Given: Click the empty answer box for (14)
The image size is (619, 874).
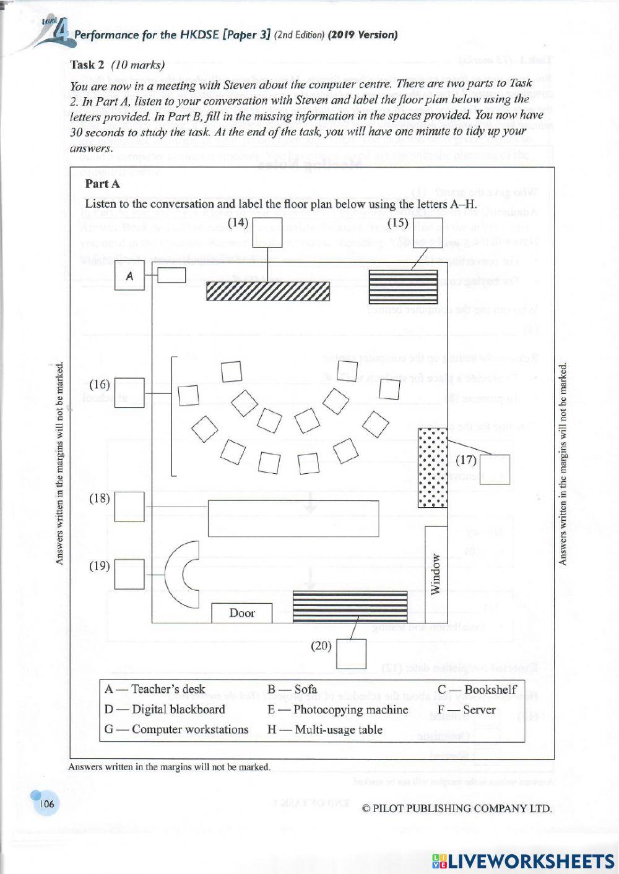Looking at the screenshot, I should click(x=267, y=232).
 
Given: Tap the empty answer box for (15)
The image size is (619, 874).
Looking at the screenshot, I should click(x=428, y=232).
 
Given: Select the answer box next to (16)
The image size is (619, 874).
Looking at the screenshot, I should click(x=129, y=393).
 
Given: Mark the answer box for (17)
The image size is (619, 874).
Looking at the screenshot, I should click(x=495, y=469).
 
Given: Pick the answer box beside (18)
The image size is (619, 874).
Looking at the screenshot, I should click(x=129, y=507).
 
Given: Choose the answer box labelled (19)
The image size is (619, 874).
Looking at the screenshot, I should click(x=129, y=574).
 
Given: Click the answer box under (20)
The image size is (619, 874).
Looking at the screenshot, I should click(x=351, y=654).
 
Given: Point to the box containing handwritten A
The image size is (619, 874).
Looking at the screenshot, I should click(x=129, y=276).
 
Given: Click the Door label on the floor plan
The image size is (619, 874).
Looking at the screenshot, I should click(x=242, y=613).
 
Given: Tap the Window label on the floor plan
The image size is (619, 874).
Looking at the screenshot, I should click(x=436, y=574).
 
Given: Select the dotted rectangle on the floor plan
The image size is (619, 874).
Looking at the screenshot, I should click(x=432, y=468).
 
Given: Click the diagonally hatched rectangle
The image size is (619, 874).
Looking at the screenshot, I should click(x=267, y=291).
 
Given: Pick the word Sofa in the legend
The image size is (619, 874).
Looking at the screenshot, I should click(x=305, y=690).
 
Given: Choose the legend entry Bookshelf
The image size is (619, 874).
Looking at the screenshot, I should click(x=490, y=690).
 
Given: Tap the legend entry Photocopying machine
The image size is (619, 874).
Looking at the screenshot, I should click(x=350, y=710).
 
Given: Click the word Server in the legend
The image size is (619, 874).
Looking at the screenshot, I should click(x=478, y=710).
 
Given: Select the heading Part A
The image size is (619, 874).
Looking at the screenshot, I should click(x=103, y=184).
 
